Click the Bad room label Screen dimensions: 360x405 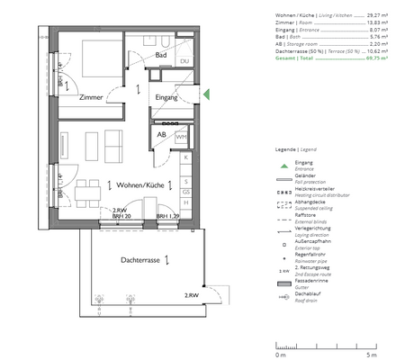pos(161,56)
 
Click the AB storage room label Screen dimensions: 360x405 pos(162,134)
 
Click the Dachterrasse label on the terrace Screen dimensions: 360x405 pos(141,259)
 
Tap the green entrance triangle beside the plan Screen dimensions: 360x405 pos(206,94)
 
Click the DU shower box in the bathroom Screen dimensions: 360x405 pos(184,61)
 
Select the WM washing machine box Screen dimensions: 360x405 pos(181,137)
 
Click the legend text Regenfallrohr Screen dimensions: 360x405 pos(310,256)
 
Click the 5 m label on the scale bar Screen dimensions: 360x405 pos(385,355)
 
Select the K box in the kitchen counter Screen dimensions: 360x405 pos(184,157)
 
